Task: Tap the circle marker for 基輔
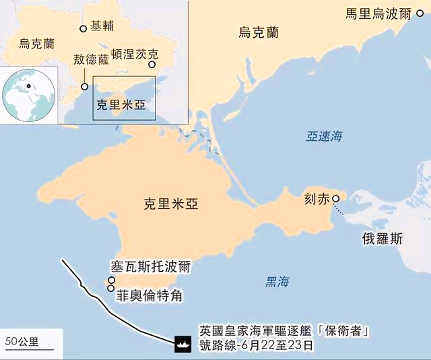coord(84,28)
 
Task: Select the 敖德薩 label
coord(91,60)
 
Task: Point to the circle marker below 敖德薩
coord(84,86)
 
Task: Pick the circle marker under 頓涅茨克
coord(152,65)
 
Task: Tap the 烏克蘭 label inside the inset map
coord(31,44)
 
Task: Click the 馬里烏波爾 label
coord(377,13)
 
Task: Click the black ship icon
coord(182,342)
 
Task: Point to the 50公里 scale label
coord(22,340)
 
